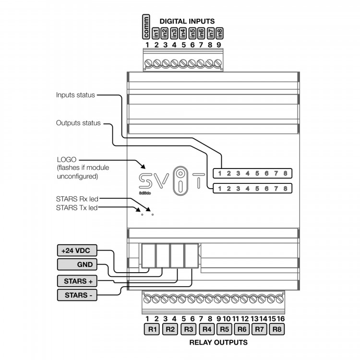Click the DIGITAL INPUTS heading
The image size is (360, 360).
187,21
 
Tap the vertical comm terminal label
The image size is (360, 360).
147,27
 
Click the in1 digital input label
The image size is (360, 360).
156,34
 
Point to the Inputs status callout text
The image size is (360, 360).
75,95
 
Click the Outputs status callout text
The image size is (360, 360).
78,123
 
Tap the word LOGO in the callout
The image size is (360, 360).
67,159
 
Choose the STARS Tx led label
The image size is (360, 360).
77,207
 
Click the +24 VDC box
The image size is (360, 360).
77,251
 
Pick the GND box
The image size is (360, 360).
77,264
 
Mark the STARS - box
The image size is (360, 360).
77,295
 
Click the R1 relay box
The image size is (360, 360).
153,329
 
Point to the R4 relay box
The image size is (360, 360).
206,329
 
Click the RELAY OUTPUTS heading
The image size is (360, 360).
218,342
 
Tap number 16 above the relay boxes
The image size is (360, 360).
280,319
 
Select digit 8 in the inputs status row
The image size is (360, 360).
285,173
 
